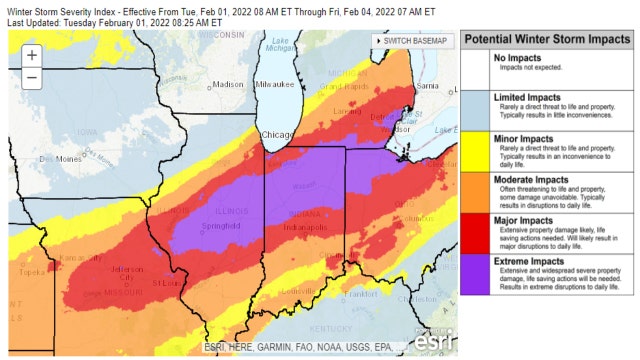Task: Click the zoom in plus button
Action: (x=32, y=55)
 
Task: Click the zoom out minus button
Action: (x=32, y=77)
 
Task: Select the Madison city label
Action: (x=228, y=85)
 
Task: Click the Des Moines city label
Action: (x=58, y=159)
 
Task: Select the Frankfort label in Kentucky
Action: (x=374, y=295)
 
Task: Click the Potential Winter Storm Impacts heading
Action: (x=545, y=39)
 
